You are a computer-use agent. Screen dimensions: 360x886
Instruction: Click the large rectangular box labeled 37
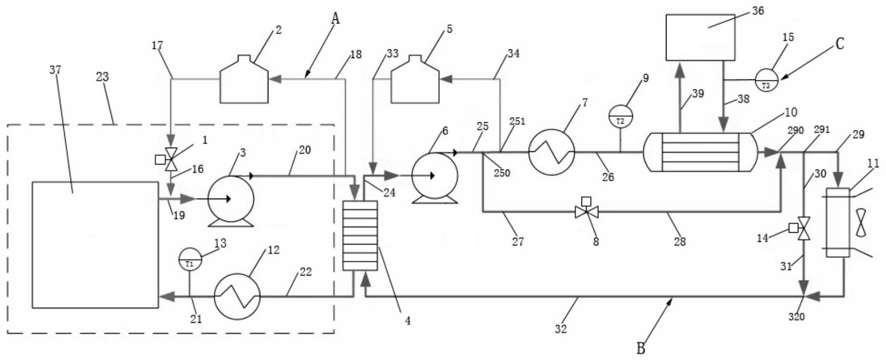(95, 244)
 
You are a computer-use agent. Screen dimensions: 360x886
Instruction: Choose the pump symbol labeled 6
(434, 176)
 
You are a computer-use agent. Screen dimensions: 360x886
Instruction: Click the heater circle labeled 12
(237, 296)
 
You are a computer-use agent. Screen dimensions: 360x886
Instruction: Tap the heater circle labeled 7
(552, 152)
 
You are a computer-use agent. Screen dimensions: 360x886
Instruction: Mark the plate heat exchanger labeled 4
(360, 235)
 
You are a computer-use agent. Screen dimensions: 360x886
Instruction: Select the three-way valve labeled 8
(587, 210)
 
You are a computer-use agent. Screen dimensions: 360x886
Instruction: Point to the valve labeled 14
(804, 229)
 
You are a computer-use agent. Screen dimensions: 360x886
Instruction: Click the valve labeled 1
(171, 159)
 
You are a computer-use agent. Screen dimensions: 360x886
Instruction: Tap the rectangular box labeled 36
(701, 37)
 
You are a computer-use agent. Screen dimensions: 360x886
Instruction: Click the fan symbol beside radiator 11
(861, 223)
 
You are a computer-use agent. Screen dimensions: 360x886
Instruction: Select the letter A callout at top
(335, 18)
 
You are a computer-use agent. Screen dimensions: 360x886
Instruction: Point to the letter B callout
(641, 348)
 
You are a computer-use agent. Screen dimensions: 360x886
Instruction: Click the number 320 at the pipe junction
(796, 317)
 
